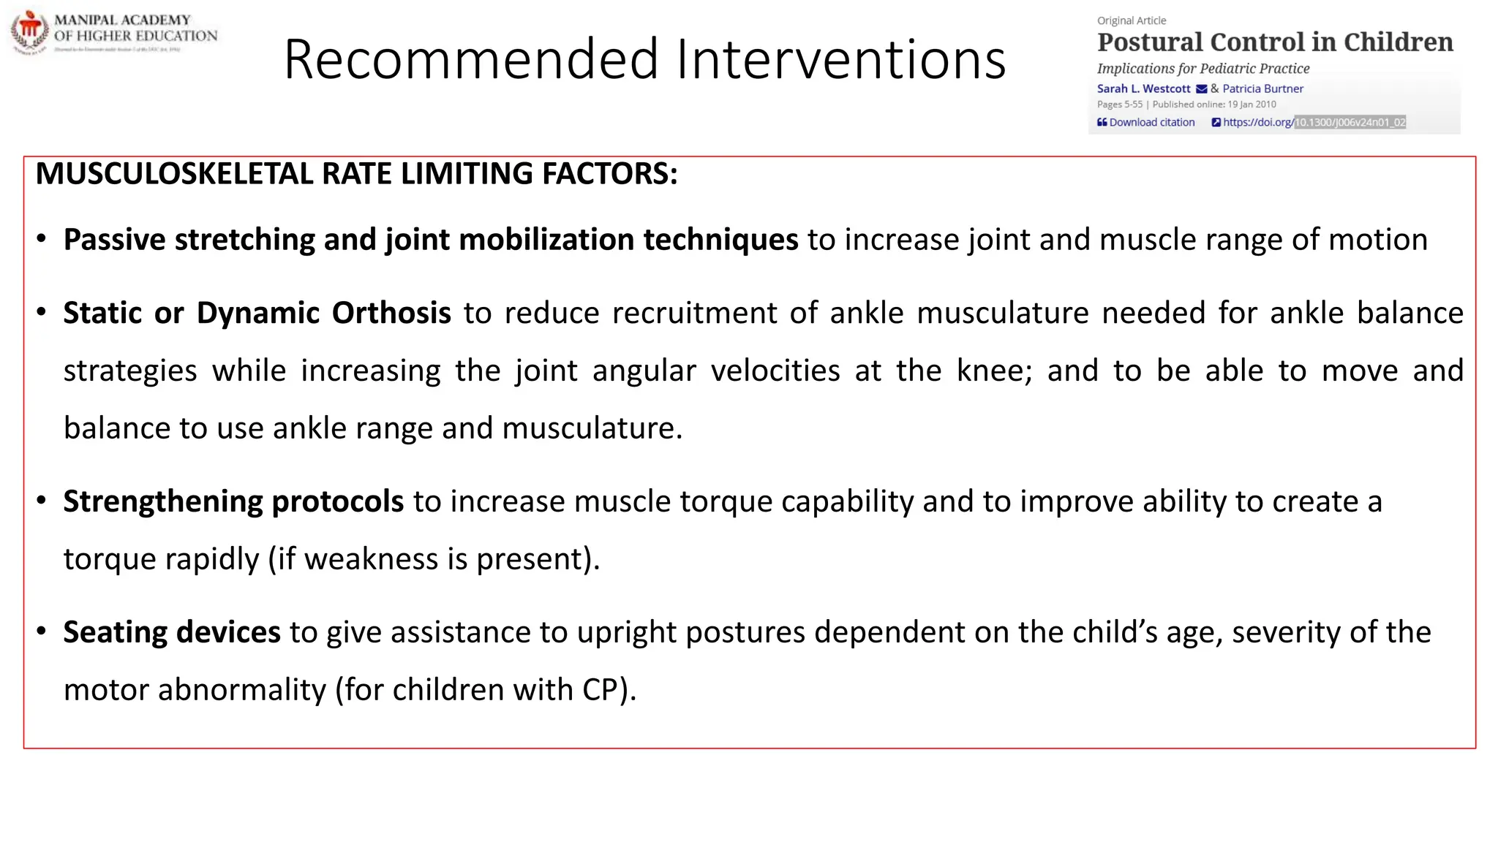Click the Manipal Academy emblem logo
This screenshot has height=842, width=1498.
pos(29,31)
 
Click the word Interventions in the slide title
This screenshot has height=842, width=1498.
pos(841,60)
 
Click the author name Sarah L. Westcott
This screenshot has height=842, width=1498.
pos(1143,88)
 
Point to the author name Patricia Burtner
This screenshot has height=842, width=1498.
pos(1262,88)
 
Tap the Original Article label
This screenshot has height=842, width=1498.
pos(1132,20)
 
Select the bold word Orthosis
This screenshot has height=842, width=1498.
pos(391,314)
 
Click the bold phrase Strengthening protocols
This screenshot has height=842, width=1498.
pos(233,502)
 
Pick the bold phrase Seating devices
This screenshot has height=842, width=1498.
pos(172,632)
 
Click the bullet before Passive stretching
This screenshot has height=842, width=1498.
pos(42,239)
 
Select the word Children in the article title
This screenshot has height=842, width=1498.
pos(1398,42)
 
